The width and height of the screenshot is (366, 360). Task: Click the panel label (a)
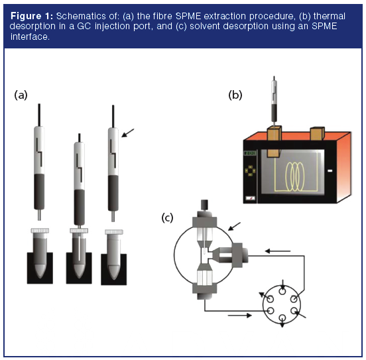(x=22, y=95)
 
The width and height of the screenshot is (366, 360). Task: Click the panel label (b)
(x=235, y=95)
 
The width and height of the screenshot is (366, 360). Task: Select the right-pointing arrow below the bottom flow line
(x=237, y=316)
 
